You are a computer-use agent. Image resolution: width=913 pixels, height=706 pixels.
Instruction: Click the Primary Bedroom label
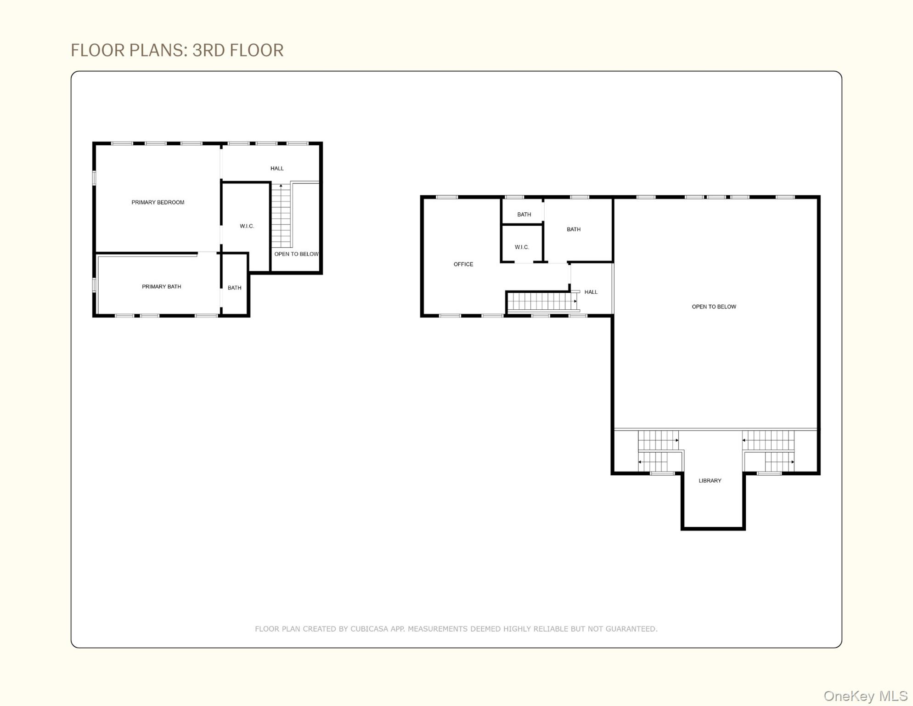tap(158, 202)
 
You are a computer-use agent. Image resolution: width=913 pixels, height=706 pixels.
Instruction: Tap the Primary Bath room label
tap(161, 287)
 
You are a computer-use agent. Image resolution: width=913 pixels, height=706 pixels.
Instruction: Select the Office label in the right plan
tap(463, 264)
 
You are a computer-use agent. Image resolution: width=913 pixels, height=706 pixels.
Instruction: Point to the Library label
tap(710, 481)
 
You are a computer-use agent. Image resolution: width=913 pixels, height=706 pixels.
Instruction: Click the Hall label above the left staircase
tap(277, 169)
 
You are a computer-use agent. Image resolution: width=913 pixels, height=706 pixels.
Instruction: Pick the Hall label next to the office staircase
tap(591, 292)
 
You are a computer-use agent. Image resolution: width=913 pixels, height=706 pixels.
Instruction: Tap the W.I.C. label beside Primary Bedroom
tap(247, 226)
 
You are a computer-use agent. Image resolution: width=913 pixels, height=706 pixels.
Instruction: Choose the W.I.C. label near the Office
tap(522, 247)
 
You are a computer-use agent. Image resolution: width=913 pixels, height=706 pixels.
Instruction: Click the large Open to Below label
tap(714, 307)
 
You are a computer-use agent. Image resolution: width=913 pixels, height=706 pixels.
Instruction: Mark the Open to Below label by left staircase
tap(296, 254)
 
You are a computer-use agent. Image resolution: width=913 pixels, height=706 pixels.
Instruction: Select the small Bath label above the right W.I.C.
tap(524, 215)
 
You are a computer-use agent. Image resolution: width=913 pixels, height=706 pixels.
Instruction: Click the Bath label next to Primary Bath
tap(234, 288)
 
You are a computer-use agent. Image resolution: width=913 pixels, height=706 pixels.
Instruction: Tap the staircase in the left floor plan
tap(281, 216)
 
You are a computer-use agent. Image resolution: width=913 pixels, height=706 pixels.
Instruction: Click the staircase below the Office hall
tap(542, 302)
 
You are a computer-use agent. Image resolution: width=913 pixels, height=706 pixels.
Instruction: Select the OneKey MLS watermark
tap(865, 696)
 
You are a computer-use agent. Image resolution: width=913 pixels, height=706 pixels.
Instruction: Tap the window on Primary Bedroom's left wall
tap(94, 178)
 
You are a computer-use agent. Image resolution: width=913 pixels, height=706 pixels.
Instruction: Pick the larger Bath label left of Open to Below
tap(573, 229)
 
